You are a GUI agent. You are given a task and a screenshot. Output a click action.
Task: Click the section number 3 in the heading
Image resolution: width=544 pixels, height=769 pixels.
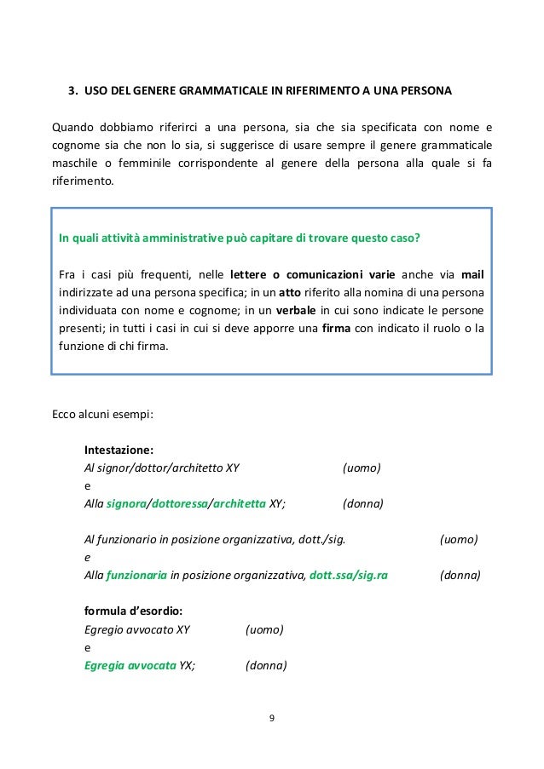(72, 89)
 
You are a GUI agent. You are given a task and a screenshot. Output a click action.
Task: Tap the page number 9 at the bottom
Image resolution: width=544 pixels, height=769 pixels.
(271, 719)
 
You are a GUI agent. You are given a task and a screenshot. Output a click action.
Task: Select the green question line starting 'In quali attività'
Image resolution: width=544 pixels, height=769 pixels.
(238, 237)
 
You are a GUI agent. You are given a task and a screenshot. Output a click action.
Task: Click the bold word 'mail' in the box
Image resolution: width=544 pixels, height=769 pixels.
(472, 274)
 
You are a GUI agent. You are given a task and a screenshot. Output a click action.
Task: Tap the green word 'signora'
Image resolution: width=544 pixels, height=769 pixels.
(127, 503)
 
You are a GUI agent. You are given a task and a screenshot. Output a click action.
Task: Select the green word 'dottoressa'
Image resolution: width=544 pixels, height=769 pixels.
(180, 503)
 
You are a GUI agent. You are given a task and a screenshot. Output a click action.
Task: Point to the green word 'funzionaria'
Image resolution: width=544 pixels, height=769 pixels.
(136, 575)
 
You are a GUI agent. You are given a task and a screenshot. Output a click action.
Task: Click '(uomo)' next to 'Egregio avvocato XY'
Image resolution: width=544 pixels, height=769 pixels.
(264, 629)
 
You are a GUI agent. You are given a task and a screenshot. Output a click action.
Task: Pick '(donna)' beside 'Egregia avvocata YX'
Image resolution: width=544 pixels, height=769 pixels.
(266, 665)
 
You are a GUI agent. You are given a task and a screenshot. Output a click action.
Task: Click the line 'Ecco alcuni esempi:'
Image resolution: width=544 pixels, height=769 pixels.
(103, 416)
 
